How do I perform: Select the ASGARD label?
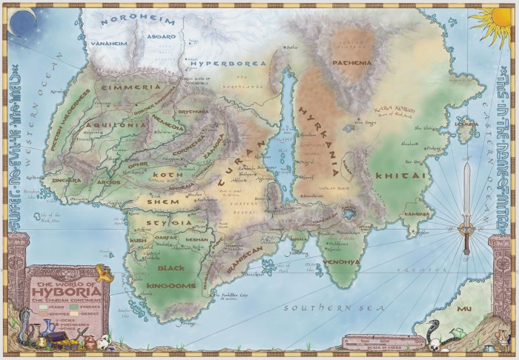coord(162,36)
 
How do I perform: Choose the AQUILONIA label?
coord(116,125)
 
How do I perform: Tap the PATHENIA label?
coord(352,63)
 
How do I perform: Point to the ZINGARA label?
coord(65,180)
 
